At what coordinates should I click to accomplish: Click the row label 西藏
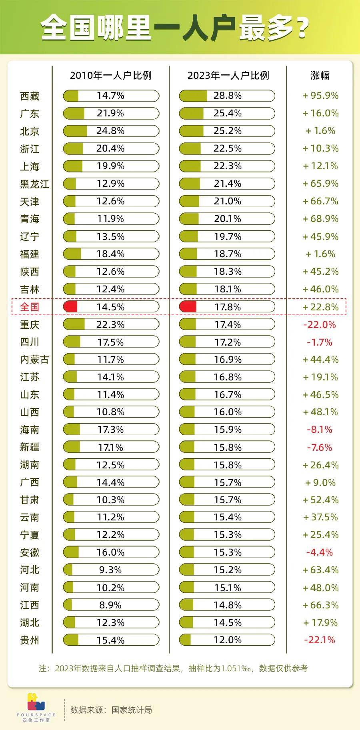[x=30, y=96]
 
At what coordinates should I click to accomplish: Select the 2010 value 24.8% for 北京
[x=111, y=131]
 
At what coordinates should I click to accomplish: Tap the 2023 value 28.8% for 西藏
[x=227, y=96]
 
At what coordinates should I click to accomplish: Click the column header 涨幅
[x=320, y=75]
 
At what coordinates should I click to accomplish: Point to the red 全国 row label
[x=30, y=307]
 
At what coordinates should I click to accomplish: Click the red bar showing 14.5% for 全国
[x=70, y=307]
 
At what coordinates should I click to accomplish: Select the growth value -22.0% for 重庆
[x=319, y=324]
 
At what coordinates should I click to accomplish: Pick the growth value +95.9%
[x=320, y=96]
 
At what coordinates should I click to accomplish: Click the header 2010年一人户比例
[x=111, y=75]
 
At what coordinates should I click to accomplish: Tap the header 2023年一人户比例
[x=228, y=75]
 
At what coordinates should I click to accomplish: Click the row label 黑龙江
[x=34, y=184]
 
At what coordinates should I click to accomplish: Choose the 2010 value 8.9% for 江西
[x=111, y=605]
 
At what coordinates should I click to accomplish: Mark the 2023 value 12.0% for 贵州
[x=227, y=640]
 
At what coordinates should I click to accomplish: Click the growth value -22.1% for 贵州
[x=319, y=640]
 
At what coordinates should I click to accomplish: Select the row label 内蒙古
[x=34, y=360]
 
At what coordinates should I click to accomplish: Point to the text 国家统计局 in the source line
[x=132, y=710]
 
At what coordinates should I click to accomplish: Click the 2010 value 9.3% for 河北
[x=111, y=570]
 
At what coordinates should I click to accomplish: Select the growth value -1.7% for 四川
[x=319, y=342]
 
